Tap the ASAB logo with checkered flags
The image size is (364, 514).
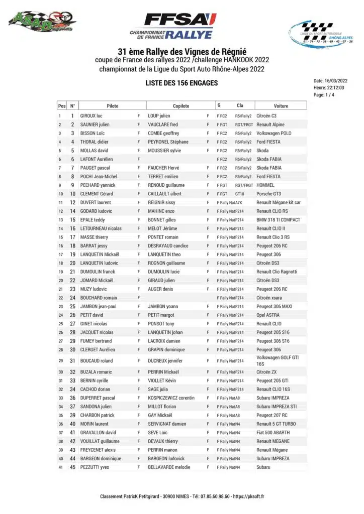(x=42, y=22)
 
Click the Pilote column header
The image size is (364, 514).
(x=113, y=106)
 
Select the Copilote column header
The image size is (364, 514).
(x=181, y=106)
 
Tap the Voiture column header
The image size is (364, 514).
(x=281, y=106)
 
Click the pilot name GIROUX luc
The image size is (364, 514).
(x=92, y=116)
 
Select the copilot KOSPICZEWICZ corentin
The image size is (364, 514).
(x=171, y=398)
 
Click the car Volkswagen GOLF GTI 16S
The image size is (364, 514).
(x=278, y=361)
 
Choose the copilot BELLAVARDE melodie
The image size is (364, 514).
(x=169, y=467)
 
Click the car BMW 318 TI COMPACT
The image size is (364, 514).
(x=279, y=220)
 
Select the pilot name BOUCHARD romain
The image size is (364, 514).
(x=99, y=298)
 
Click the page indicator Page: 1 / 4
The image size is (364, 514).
(x=326, y=95)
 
